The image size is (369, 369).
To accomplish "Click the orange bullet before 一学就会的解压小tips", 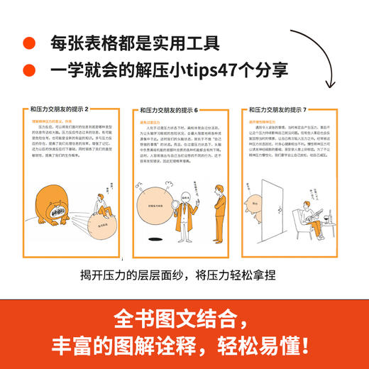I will (28, 69).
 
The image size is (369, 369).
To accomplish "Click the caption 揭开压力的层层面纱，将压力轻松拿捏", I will (182, 276).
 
